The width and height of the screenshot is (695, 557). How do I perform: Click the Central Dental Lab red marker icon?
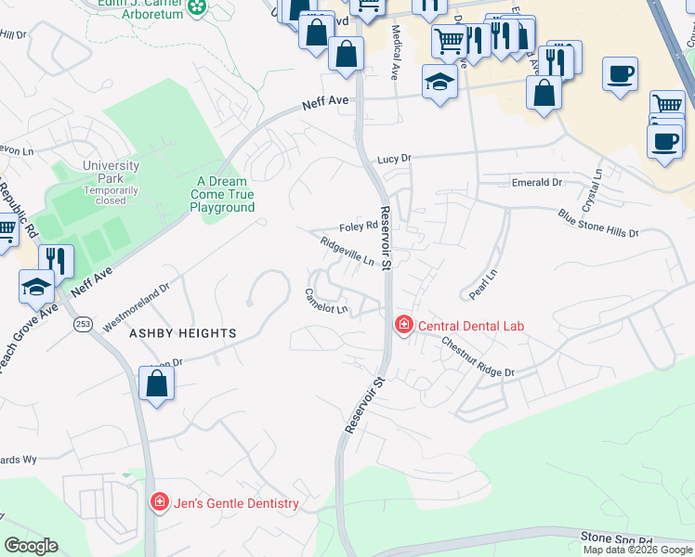point(403,325)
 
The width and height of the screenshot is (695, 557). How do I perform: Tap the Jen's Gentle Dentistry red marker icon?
point(159,503)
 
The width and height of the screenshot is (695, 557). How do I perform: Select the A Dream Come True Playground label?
point(222,194)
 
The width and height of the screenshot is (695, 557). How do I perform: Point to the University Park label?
point(111,173)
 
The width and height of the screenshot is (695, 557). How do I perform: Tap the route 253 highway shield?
point(83,324)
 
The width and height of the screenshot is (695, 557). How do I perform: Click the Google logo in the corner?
point(31,546)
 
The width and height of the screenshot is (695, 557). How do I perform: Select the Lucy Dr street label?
point(394,159)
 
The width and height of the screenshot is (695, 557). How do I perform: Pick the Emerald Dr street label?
point(537,183)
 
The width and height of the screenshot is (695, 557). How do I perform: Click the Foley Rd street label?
point(358,226)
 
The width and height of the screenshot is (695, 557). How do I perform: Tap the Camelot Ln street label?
point(326,301)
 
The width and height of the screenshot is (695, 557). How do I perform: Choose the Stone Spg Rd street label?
point(617,538)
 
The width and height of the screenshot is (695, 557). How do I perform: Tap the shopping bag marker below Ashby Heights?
point(157,382)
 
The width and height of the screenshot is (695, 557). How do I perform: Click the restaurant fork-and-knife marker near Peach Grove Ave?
point(56,261)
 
